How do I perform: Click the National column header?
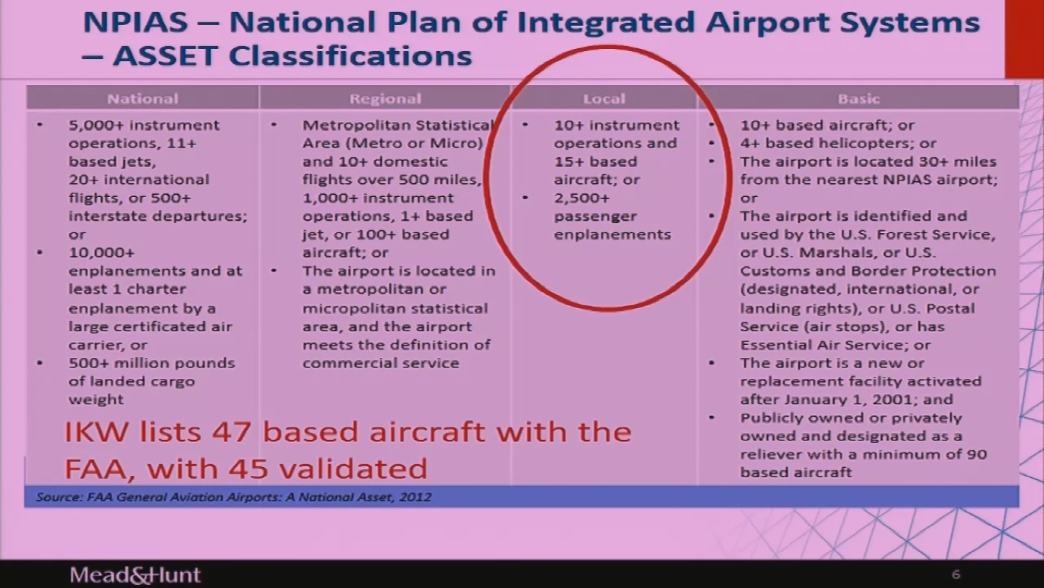142,99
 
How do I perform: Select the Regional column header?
385,99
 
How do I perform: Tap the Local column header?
604,99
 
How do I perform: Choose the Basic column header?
859,99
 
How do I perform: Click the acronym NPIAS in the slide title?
135,22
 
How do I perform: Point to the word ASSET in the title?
165,56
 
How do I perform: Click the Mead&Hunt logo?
135,575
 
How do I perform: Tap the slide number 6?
956,574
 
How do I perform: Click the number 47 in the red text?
231,432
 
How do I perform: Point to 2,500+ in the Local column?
582,198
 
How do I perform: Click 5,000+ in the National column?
97,125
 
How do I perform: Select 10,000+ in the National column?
101,253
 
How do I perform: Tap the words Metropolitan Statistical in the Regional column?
397,125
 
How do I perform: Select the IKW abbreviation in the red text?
97,432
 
